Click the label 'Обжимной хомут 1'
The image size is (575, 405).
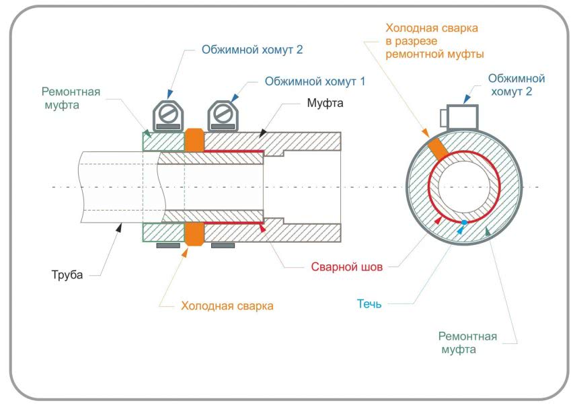coord(315,81)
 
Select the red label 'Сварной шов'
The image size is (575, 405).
coord(346,267)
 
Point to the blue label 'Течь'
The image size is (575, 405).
coord(369,303)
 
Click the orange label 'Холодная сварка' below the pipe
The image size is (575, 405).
coord(227,306)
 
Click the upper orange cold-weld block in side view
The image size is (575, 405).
coord(194,141)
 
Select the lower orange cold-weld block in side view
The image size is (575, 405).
coord(194,234)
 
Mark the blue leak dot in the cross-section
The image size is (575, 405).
coord(464,222)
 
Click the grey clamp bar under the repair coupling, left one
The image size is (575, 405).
coord(168,246)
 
